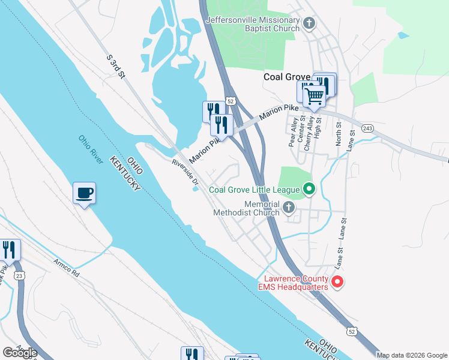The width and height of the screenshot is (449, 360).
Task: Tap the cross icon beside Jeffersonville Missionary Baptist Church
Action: pos(309,24)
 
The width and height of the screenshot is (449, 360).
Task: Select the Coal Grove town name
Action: pos(287,77)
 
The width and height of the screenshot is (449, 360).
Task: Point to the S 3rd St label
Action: pos(115,67)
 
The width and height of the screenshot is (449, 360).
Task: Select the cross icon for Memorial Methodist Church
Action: pos(289,208)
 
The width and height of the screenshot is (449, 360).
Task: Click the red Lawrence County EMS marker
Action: pos(337,281)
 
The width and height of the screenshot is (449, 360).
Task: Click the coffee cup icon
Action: pos(85,193)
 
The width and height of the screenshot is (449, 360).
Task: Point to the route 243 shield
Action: pos(368,128)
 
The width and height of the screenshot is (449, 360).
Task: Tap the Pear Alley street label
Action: pos(292,133)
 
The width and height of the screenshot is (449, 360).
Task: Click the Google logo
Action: pos(20,352)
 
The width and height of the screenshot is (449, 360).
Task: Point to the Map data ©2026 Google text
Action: pos(412,355)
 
